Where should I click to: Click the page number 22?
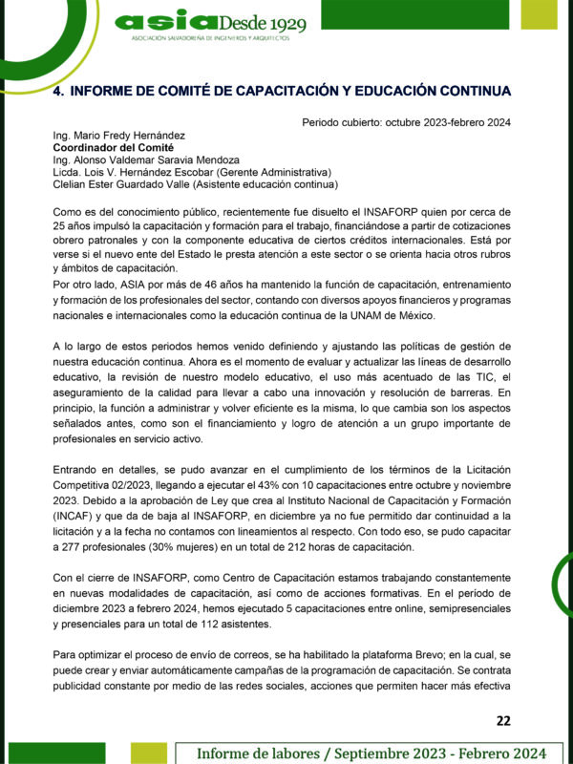(x=505, y=719)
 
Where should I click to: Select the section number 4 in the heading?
(x=57, y=91)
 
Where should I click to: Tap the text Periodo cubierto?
(x=338, y=122)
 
